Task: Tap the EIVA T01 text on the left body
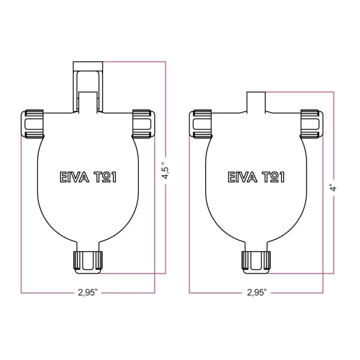coord(88,178)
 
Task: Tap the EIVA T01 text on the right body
coord(256,178)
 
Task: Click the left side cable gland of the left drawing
coord(34,124)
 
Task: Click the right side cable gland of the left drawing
coord(143,124)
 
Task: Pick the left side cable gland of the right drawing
coord(202,124)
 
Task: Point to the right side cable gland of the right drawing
coord(311,124)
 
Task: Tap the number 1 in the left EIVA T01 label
coord(112,178)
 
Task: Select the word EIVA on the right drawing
coord(241,178)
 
